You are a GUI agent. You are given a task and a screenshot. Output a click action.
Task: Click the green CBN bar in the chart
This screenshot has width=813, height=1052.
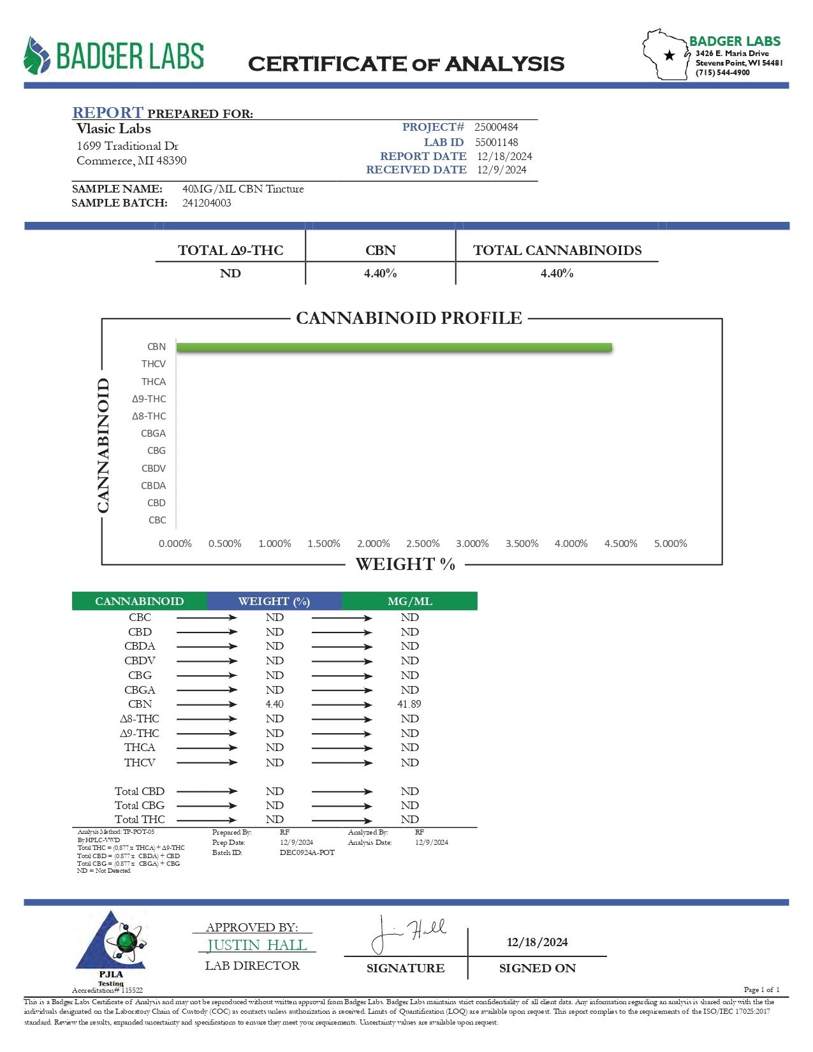pyautogui.click(x=394, y=347)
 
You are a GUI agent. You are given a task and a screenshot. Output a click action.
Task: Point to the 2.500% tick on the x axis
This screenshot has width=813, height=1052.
pyautogui.click(x=423, y=544)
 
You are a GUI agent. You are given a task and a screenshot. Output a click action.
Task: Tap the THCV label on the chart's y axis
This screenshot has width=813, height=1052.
pyautogui.click(x=154, y=364)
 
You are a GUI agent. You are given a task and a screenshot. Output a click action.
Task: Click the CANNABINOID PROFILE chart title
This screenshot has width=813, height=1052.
pyautogui.click(x=409, y=318)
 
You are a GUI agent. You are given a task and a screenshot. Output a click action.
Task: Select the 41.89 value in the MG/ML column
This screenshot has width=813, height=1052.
pyautogui.click(x=409, y=705)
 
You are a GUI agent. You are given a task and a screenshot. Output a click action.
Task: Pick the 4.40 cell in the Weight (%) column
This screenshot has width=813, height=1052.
pyautogui.click(x=275, y=705)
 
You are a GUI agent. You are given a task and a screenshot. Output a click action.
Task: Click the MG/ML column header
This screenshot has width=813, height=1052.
pyautogui.click(x=409, y=601)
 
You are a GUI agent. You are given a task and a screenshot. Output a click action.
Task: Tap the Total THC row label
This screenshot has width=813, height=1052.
pyautogui.click(x=140, y=820)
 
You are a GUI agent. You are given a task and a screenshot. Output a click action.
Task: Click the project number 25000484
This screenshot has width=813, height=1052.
pyautogui.click(x=496, y=128)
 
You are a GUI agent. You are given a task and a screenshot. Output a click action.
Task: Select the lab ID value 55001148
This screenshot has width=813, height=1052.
pyautogui.click(x=496, y=143)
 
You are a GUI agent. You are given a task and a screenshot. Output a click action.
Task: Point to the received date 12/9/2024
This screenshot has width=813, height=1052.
pyautogui.click(x=502, y=170)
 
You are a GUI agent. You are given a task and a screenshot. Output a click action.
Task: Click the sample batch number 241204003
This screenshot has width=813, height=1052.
pyautogui.click(x=207, y=203)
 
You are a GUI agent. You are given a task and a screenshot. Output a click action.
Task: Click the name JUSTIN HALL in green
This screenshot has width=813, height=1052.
pyautogui.click(x=257, y=945)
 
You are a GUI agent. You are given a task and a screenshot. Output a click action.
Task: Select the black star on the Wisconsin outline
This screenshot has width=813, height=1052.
pyautogui.click(x=670, y=55)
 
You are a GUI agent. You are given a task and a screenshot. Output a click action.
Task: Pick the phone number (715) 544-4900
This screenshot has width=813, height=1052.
pyautogui.click(x=722, y=73)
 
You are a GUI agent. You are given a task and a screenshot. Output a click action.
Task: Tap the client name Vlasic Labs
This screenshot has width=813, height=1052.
pyautogui.click(x=114, y=129)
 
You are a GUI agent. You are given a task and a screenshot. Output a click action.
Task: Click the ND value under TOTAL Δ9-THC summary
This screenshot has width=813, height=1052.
pyautogui.click(x=230, y=274)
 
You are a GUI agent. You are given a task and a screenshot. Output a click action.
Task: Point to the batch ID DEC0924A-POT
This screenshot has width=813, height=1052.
pyautogui.click(x=307, y=853)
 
